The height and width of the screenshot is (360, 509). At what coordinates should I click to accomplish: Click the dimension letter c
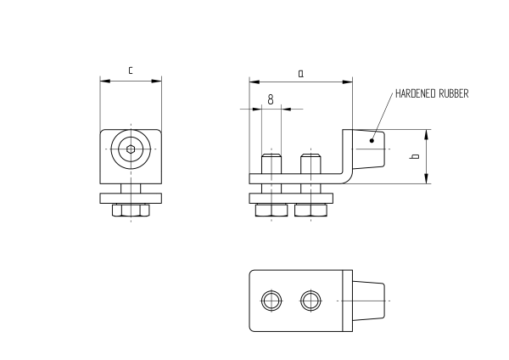pos(130,71)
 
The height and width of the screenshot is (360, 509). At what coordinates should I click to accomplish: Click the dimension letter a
pos(300,73)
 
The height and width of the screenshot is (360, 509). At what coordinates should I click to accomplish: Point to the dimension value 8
pos(270,99)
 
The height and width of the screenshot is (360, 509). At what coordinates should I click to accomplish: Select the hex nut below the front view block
pos(131,209)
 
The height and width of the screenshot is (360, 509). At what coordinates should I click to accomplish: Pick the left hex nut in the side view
pos(270,210)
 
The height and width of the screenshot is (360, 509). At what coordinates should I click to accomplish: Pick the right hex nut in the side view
pos(310,210)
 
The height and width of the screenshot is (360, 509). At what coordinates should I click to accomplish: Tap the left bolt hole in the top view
pos(271,300)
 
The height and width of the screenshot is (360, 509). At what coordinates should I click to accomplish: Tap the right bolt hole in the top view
pos(310,300)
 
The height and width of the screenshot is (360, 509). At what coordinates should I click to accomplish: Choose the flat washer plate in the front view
pos(131,199)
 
